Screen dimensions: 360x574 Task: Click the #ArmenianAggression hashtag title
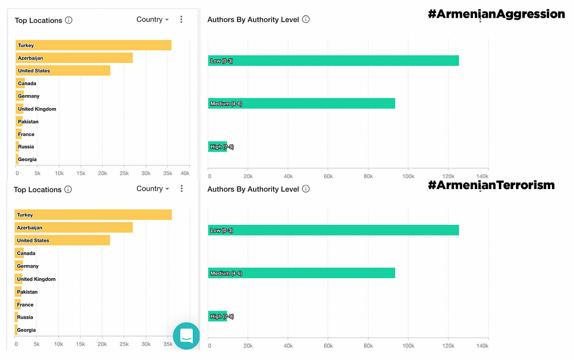(x=496, y=14)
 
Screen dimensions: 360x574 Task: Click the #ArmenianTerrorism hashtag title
(x=491, y=185)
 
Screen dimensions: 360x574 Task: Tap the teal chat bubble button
(x=186, y=336)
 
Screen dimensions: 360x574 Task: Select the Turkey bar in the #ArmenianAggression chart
(x=94, y=45)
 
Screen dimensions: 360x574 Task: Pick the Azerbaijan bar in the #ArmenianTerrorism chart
(x=74, y=228)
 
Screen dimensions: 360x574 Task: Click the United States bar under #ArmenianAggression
(x=63, y=71)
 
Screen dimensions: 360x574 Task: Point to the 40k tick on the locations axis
(x=185, y=173)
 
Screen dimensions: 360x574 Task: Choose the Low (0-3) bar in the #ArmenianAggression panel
(x=333, y=61)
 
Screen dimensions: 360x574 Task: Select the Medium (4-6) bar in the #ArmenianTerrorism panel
(x=302, y=273)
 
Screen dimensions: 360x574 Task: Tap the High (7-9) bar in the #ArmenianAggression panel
(x=218, y=146)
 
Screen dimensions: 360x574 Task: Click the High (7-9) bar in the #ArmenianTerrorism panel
(x=218, y=316)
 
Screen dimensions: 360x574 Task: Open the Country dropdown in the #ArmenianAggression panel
(x=153, y=20)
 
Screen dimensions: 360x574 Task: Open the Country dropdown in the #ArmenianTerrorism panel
(x=153, y=189)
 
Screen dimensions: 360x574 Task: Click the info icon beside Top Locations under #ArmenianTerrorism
(x=68, y=190)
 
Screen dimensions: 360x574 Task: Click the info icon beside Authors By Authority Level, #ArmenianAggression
(x=306, y=20)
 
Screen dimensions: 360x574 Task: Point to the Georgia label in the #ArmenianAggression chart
(x=27, y=159)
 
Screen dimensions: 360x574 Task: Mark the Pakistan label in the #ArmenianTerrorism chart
(x=27, y=292)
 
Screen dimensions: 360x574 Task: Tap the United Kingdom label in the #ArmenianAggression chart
(x=37, y=109)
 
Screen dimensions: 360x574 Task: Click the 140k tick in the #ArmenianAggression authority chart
(x=482, y=176)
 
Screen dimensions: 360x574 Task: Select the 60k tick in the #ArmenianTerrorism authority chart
(x=328, y=346)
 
